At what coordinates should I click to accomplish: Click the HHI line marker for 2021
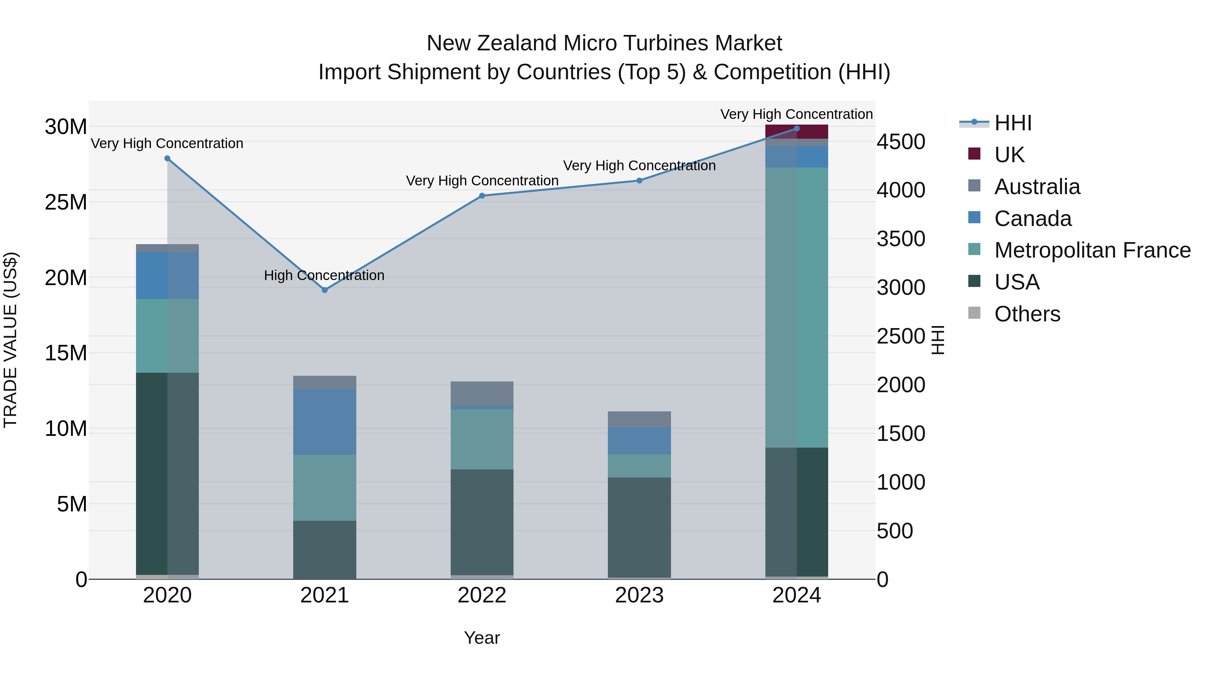click(x=324, y=290)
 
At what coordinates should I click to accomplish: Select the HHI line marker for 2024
click(x=797, y=128)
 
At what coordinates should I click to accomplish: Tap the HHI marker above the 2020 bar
click(x=167, y=158)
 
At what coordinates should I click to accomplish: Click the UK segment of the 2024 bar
click(x=797, y=132)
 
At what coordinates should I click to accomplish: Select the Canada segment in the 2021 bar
click(x=324, y=421)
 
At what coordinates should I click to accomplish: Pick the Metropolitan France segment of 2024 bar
click(x=797, y=307)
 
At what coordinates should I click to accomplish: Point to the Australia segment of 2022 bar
click(x=482, y=393)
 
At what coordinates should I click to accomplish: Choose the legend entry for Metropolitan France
click(x=1092, y=250)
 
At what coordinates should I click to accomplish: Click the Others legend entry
click(x=1027, y=314)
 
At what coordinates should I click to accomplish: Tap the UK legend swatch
click(x=974, y=154)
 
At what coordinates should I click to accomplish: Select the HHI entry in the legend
click(x=1013, y=123)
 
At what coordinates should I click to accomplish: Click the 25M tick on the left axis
click(x=66, y=202)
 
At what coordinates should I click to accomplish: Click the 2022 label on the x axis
click(x=482, y=595)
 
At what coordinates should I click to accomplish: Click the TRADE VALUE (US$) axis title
click(x=10, y=340)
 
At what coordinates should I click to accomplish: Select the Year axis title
click(x=482, y=638)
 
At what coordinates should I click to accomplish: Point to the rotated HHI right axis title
click(x=937, y=340)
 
